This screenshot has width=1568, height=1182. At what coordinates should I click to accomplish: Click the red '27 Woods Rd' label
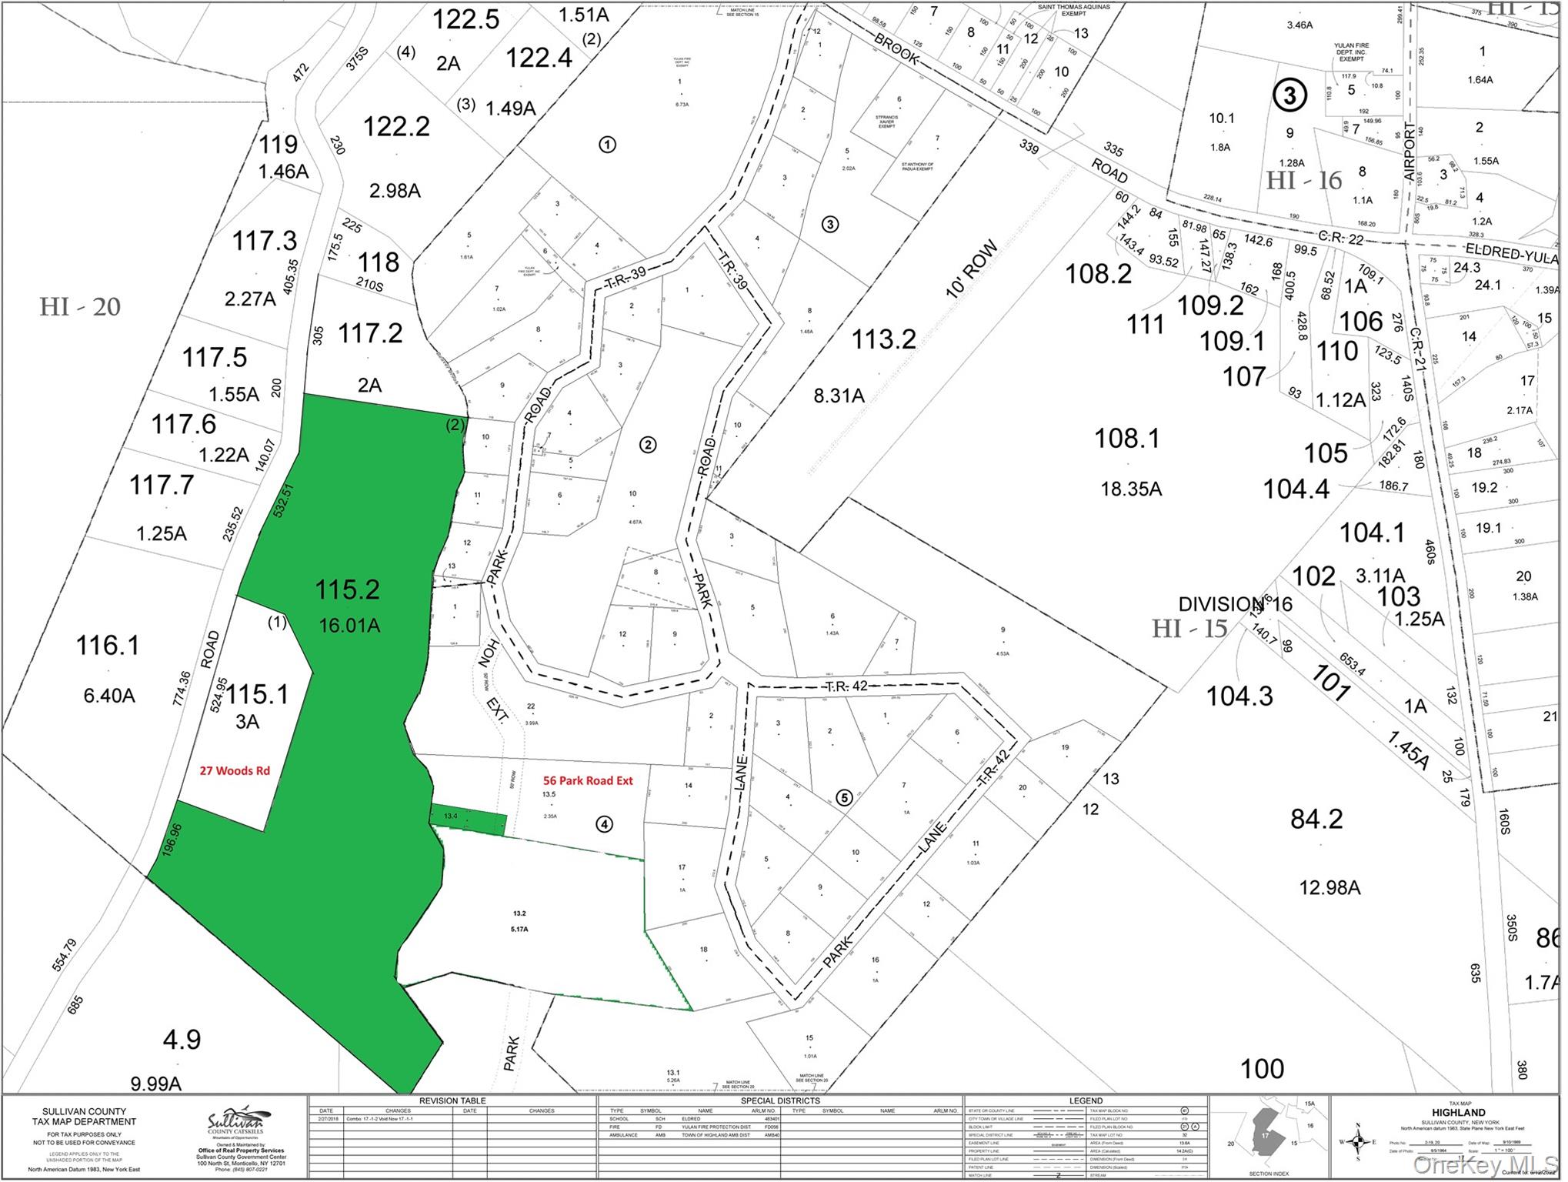pos(235,771)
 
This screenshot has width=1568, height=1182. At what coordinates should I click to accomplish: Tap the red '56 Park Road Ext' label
pos(588,781)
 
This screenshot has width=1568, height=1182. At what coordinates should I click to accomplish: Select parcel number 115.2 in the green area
pos(347,590)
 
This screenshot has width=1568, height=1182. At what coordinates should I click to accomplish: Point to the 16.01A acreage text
pos(349,626)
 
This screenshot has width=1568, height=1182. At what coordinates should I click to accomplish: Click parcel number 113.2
pos(883,339)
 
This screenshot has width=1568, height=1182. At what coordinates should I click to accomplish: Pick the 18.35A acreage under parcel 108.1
pos(1131,489)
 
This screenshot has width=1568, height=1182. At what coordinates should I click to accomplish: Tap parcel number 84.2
pos(1316,820)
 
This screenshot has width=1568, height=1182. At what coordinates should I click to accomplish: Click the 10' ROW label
pos(972,269)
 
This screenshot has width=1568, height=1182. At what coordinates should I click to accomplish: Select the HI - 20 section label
pos(80,307)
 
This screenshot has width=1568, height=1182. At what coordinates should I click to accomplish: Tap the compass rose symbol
pos(1359,1142)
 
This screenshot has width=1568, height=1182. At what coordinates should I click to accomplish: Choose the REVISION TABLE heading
pos(452,1101)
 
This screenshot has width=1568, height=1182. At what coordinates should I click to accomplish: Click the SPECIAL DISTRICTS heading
pos(780,1101)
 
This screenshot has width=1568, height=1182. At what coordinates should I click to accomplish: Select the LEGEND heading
pos(1086,1101)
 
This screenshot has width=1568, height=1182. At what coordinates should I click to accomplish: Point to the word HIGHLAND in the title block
pos(1459,1113)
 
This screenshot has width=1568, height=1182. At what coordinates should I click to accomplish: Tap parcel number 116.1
pos(108,646)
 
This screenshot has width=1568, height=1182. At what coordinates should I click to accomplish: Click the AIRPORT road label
pos(1410,152)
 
